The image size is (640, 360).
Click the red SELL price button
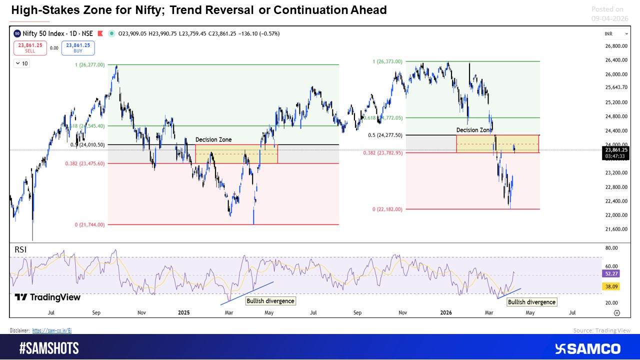[x=30, y=48]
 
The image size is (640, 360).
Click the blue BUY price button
[x=78, y=48]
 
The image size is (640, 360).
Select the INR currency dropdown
[x=616, y=34]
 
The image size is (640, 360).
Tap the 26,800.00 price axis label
[x=615, y=46]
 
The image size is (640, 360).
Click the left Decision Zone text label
[x=213, y=140]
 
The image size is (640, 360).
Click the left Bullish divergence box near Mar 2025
[x=270, y=301]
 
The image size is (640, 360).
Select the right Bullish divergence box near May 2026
[x=531, y=302]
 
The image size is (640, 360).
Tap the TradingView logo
[x=47, y=297]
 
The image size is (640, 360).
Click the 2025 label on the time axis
[x=184, y=313]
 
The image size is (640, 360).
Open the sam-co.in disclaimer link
[x=52, y=330]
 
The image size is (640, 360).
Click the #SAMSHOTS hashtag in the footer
[x=49, y=348]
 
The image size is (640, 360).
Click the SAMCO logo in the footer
[x=588, y=348]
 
